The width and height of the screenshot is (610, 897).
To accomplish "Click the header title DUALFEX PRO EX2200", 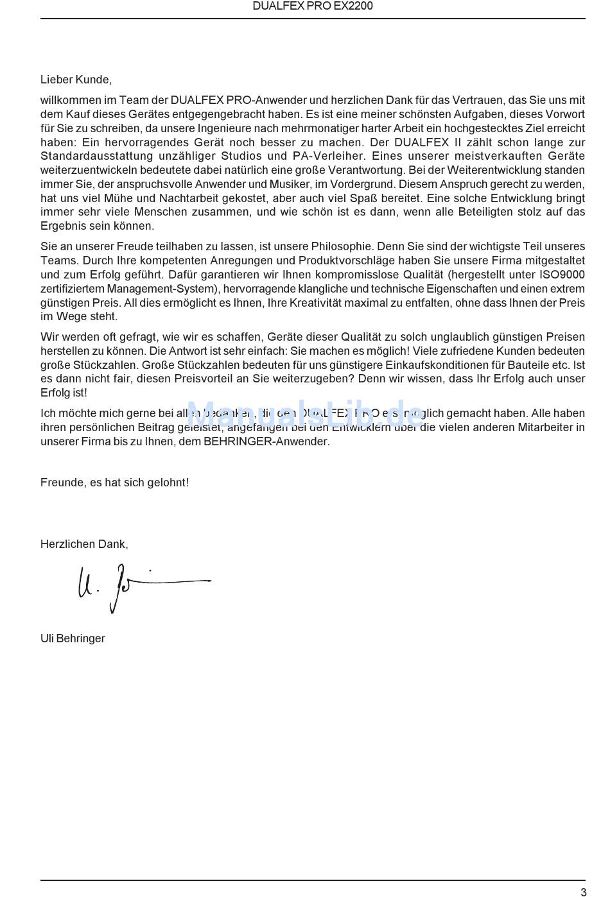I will tap(313, 6).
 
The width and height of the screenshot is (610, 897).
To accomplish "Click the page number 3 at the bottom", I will tap(583, 892).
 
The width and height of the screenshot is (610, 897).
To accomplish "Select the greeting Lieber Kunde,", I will tap(76, 80).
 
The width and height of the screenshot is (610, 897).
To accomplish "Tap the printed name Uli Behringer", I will tap(73, 638).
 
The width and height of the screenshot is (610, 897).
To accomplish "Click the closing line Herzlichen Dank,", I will tap(84, 544).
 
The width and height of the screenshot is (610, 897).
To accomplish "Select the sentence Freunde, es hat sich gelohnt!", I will tap(114, 483).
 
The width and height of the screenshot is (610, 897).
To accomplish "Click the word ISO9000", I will tap(562, 275).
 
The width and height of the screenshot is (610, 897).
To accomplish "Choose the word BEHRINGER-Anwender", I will tap(266, 441).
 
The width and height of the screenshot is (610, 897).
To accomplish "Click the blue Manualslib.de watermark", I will tap(305, 414).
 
